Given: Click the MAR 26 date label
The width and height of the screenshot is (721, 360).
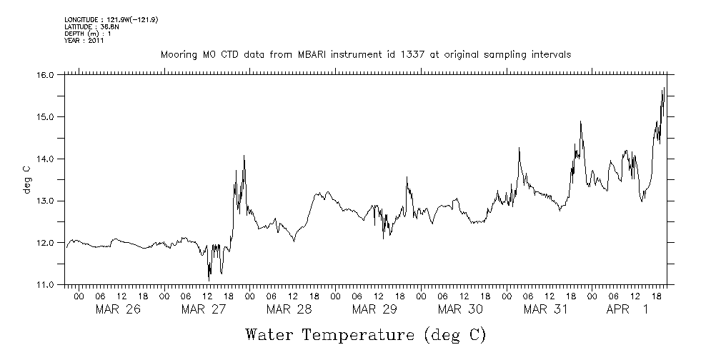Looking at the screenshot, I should coord(118,309).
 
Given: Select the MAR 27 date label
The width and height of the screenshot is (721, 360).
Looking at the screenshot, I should coord(204,309).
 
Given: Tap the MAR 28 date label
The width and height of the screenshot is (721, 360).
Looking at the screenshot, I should coord(289,309).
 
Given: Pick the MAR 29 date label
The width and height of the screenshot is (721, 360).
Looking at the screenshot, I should coord(374,309).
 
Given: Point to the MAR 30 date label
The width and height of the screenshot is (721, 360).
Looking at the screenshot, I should coord(460,309).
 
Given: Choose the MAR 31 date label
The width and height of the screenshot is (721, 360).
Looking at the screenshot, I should coord(546,309).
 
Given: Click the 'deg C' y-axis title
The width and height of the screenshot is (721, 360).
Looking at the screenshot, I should coord(27,179).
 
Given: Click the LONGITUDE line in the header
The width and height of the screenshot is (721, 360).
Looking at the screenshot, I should coord(111,20).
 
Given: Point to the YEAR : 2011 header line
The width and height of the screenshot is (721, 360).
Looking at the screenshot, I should coord(84,41).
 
